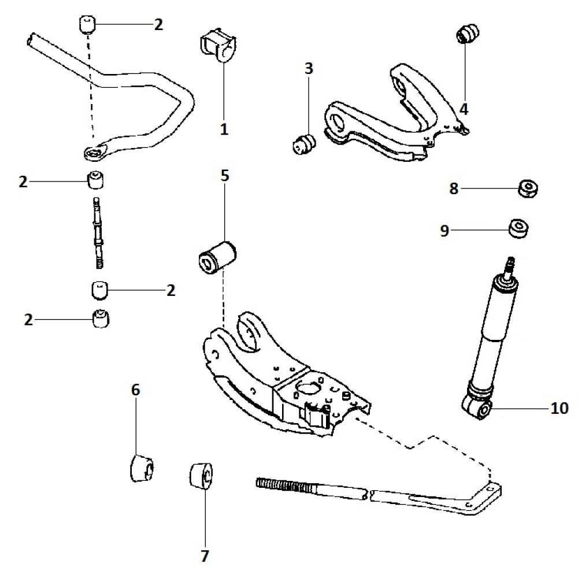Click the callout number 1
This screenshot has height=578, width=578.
pos(224,129)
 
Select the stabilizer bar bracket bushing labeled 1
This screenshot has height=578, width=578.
pos(217,44)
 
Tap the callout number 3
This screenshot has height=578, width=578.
pos(309,69)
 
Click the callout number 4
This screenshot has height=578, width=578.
pos(464,108)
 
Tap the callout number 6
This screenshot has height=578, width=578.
pos(136,390)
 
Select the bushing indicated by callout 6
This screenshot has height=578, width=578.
pos(141,468)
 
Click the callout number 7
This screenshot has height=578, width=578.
pos(204,557)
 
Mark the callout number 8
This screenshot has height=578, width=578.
pos(454,188)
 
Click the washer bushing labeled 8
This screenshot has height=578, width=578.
pos(527,188)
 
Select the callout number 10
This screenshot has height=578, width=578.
pos(560,408)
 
